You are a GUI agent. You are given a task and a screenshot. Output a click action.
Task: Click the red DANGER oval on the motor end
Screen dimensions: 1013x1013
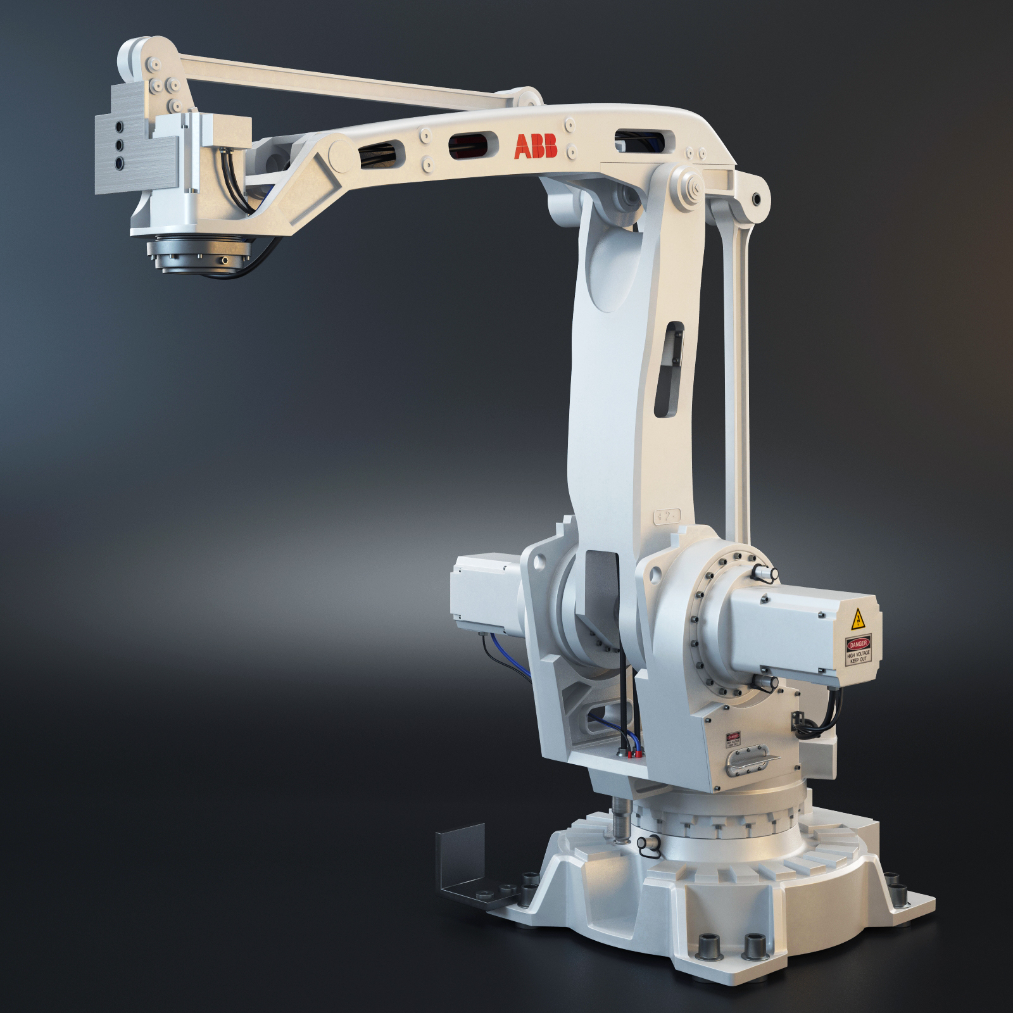point(858,644)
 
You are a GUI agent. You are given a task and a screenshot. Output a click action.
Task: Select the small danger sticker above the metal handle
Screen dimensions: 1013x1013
point(733,739)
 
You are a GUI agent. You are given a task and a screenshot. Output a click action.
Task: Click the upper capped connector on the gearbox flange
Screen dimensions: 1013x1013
point(766,573)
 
